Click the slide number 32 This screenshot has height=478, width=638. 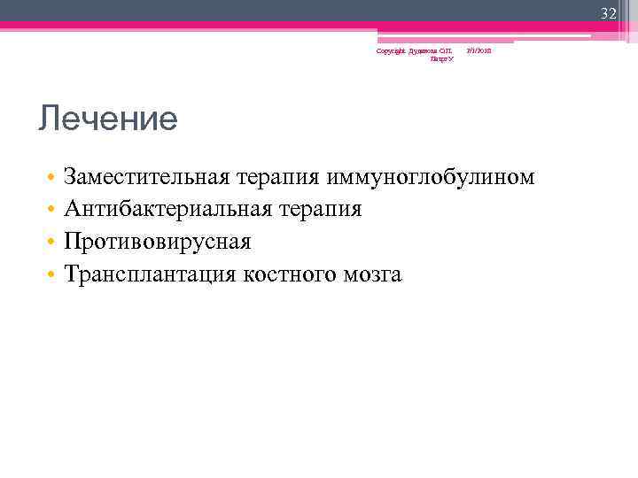[x=608, y=12]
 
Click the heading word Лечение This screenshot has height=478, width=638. [x=107, y=119]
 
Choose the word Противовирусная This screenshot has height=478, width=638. [x=158, y=242]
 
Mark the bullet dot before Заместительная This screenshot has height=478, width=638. [x=53, y=178]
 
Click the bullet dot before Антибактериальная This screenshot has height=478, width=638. [x=53, y=211]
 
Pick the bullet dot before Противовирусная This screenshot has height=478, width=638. [x=53, y=243]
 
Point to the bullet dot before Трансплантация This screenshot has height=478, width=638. [x=53, y=275]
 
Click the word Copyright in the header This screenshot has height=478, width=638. [x=389, y=51]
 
